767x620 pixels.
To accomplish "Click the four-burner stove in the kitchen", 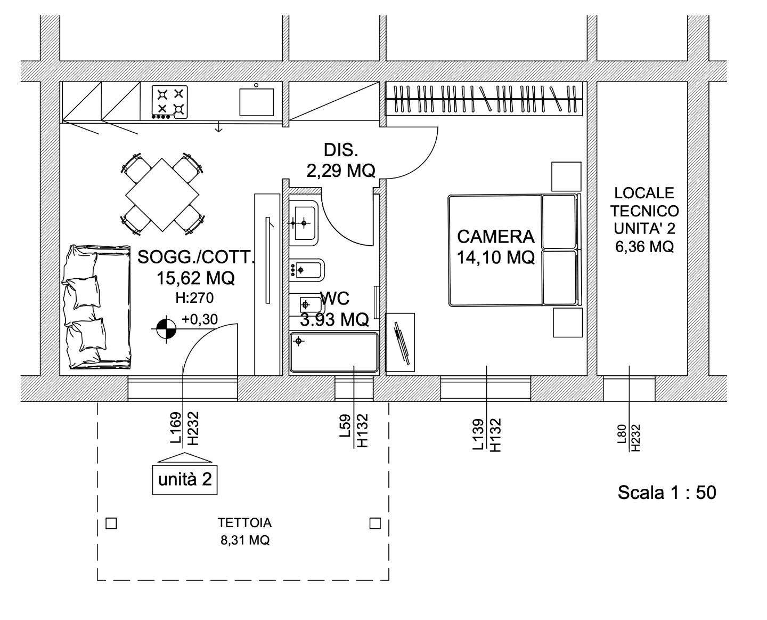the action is [x=169, y=102].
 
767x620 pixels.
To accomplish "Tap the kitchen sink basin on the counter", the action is [x=256, y=102].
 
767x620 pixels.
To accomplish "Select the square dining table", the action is [x=162, y=195].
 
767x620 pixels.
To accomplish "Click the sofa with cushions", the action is [x=96, y=307].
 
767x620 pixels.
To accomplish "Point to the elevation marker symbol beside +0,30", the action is [x=166, y=329].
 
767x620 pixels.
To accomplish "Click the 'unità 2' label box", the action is [x=185, y=480].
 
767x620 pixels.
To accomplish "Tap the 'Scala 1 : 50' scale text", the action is [x=667, y=493].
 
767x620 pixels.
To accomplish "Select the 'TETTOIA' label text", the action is [x=244, y=522].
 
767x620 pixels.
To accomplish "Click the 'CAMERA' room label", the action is [x=496, y=237].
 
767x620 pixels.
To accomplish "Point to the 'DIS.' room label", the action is [x=341, y=150].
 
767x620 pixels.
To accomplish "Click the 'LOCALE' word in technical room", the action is [x=644, y=193].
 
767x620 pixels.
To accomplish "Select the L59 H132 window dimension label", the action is [x=354, y=430].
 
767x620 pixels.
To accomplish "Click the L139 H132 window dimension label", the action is [x=487, y=434].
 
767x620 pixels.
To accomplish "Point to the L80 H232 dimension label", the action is [x=629, y=438].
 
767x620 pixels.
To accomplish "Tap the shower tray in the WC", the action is [x=334, y=352].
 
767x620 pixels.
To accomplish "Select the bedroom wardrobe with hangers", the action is [x=484, y=99].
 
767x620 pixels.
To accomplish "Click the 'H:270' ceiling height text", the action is [x=194, y=298].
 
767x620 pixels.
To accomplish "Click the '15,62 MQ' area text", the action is [x=195, y=278].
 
